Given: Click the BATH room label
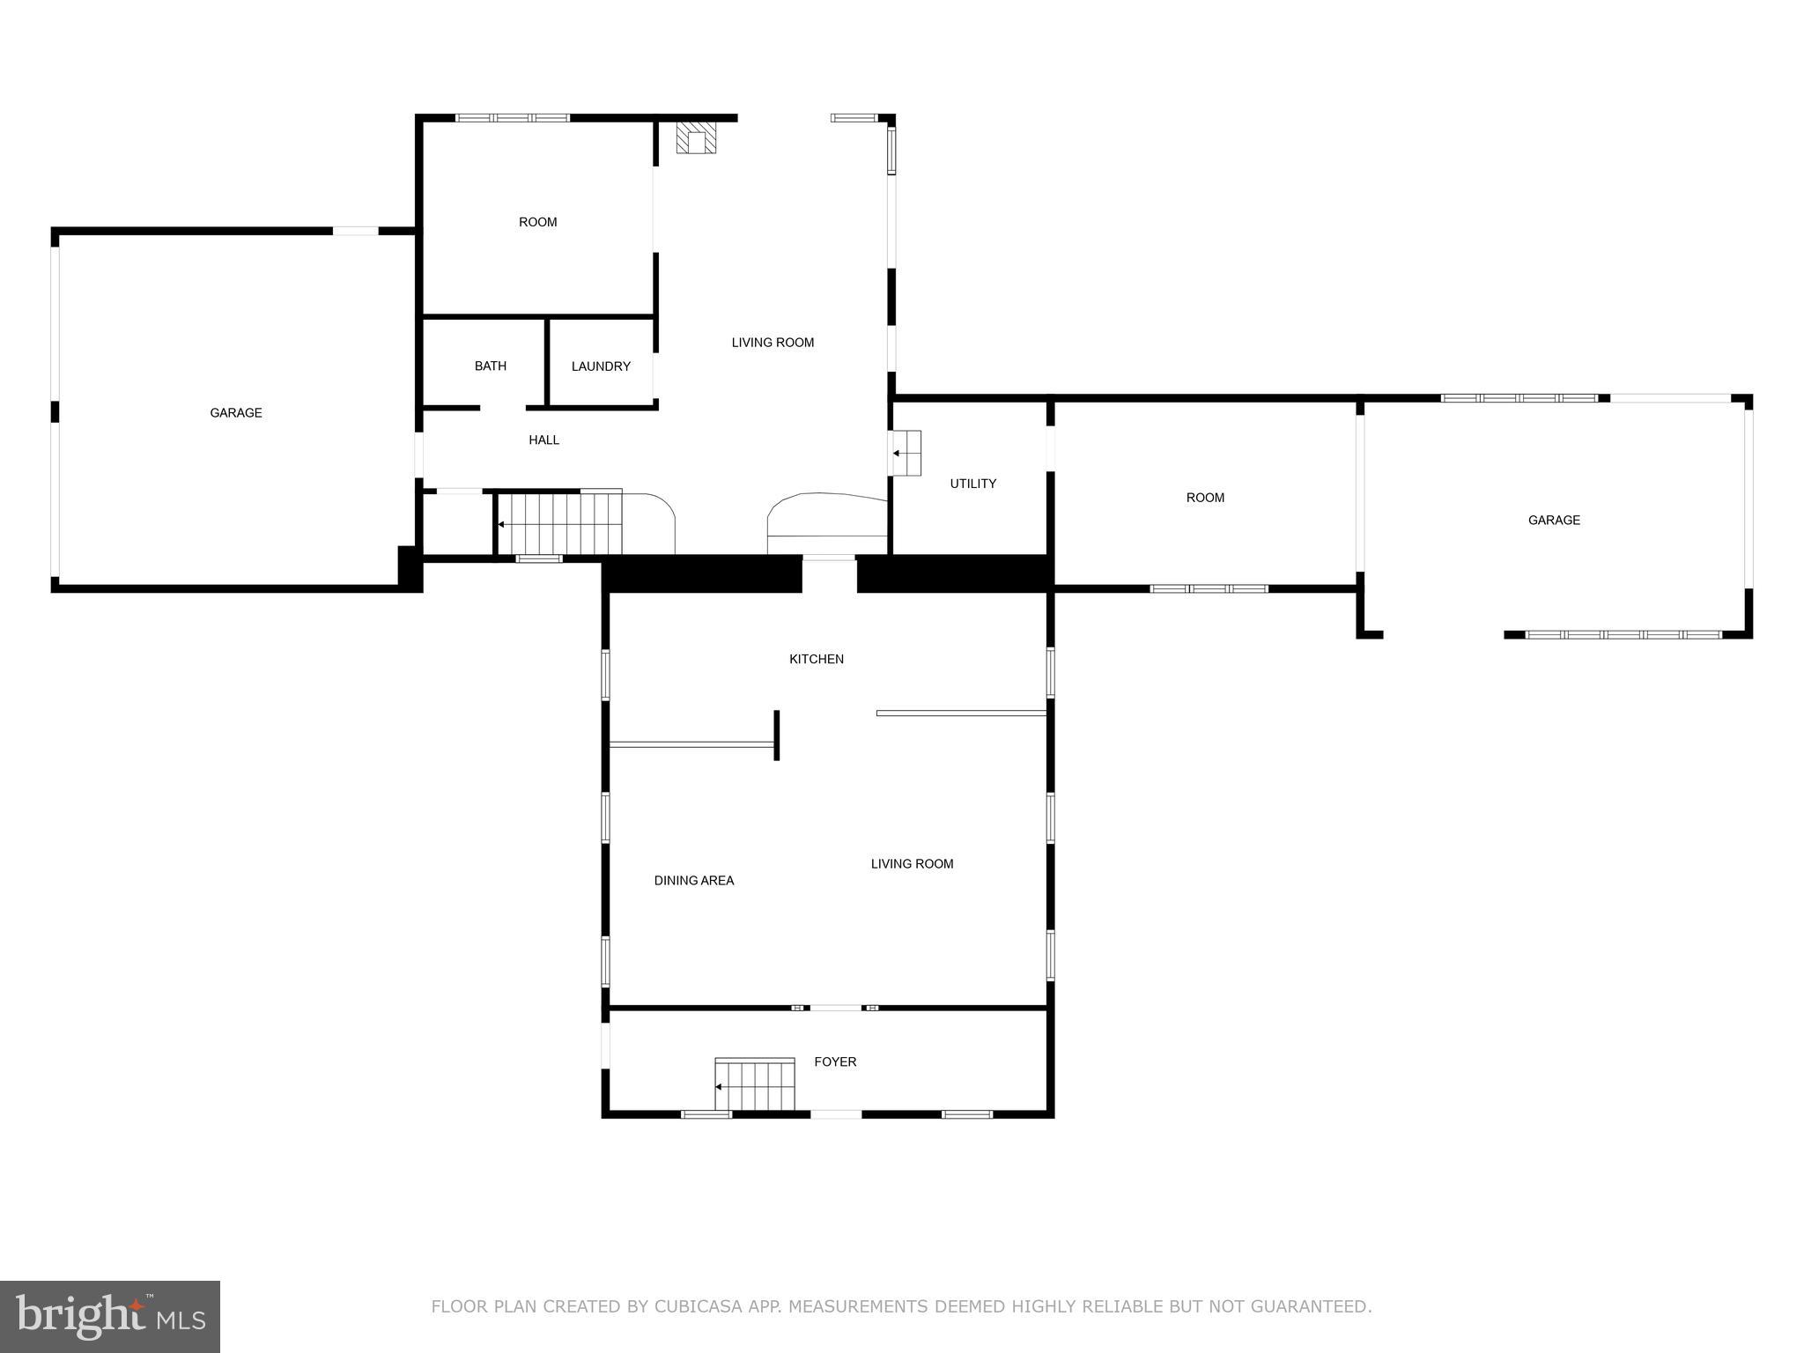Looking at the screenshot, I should [x=490, y=366].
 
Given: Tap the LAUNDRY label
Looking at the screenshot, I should [x=601, y=366].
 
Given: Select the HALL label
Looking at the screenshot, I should [x=543, y=440].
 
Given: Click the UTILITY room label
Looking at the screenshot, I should [x=972, y=484].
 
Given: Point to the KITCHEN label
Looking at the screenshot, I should [x=816, y=659].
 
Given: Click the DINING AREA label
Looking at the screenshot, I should [x=693, y=880].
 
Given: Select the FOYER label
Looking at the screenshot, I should [x=834, y=1061].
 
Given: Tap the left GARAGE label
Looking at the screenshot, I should [x=235, y=412].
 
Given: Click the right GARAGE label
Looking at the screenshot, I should [x=1553, y=520].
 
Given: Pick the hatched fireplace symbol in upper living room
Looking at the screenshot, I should [x=696, y=137].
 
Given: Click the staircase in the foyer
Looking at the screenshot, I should [x=754, y=1085].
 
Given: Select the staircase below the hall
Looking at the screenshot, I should [x=559, y=522].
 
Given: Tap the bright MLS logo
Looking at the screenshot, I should [x=110, y=1317].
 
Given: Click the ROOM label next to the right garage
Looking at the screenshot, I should [x=1204, y=498].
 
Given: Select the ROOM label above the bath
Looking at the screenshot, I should [x=537, y=222].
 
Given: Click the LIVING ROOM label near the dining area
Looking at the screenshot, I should [x=912, y=863].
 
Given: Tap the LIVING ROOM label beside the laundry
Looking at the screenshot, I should [x=772, y=343].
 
